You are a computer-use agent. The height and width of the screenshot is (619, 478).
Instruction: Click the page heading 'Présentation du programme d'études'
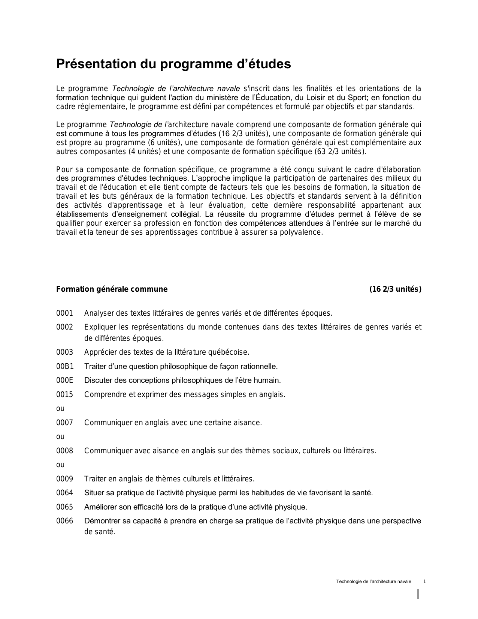(173, 64)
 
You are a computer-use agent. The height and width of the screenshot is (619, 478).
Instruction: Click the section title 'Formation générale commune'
(112, 289)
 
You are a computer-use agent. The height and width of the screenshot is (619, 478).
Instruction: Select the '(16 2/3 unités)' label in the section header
(395, 289)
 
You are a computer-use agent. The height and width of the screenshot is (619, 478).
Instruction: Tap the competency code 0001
(64, 313)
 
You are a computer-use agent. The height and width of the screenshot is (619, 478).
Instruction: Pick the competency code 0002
(64, 327)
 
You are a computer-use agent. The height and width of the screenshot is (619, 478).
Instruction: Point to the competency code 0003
(64, 352)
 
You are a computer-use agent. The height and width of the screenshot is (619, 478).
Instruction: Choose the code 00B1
(65, 366)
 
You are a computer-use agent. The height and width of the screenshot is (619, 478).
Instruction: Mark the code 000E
(64, 380)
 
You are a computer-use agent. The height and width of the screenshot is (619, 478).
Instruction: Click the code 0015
(64, 394)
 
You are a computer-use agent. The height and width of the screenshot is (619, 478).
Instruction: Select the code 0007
(64, 423)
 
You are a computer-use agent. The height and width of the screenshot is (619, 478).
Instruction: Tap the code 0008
(64, 451)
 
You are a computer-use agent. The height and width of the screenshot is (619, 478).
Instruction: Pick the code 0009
(64, 479)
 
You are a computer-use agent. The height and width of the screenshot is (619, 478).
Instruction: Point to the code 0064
(64, 493)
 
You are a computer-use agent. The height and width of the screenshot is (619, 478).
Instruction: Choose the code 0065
(64, 507)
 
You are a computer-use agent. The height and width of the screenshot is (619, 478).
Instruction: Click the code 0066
(64, 521)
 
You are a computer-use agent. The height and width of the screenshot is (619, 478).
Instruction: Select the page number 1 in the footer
(424, 582)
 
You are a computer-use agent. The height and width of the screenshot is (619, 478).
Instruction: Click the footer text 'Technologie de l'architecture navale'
(373, 582)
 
